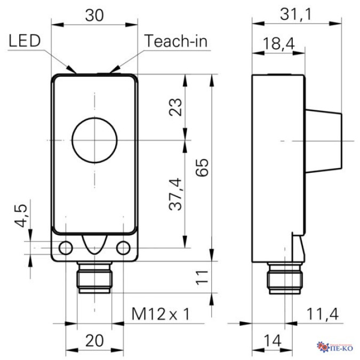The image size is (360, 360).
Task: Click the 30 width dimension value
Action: click(95, 15)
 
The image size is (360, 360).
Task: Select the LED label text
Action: click(26, 41)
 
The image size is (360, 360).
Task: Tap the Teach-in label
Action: click(175, 41)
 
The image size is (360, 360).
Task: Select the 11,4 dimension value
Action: click(322, 314)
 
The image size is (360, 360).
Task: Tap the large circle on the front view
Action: click(94, 141)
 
